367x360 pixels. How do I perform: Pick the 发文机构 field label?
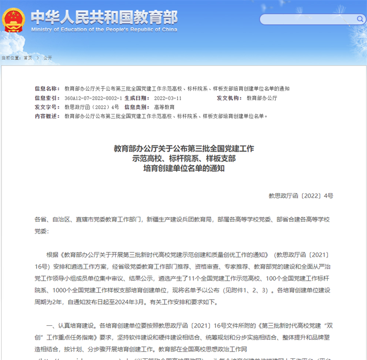[229, 98]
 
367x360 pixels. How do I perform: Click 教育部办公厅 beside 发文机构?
[262, 98]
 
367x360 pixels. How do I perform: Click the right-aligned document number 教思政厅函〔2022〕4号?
[300, 196]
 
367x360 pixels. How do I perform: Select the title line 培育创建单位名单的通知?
[183, 168]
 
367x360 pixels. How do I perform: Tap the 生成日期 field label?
[135, 98]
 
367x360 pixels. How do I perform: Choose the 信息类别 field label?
[135, 107]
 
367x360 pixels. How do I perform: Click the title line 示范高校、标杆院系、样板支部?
[183, 158]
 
